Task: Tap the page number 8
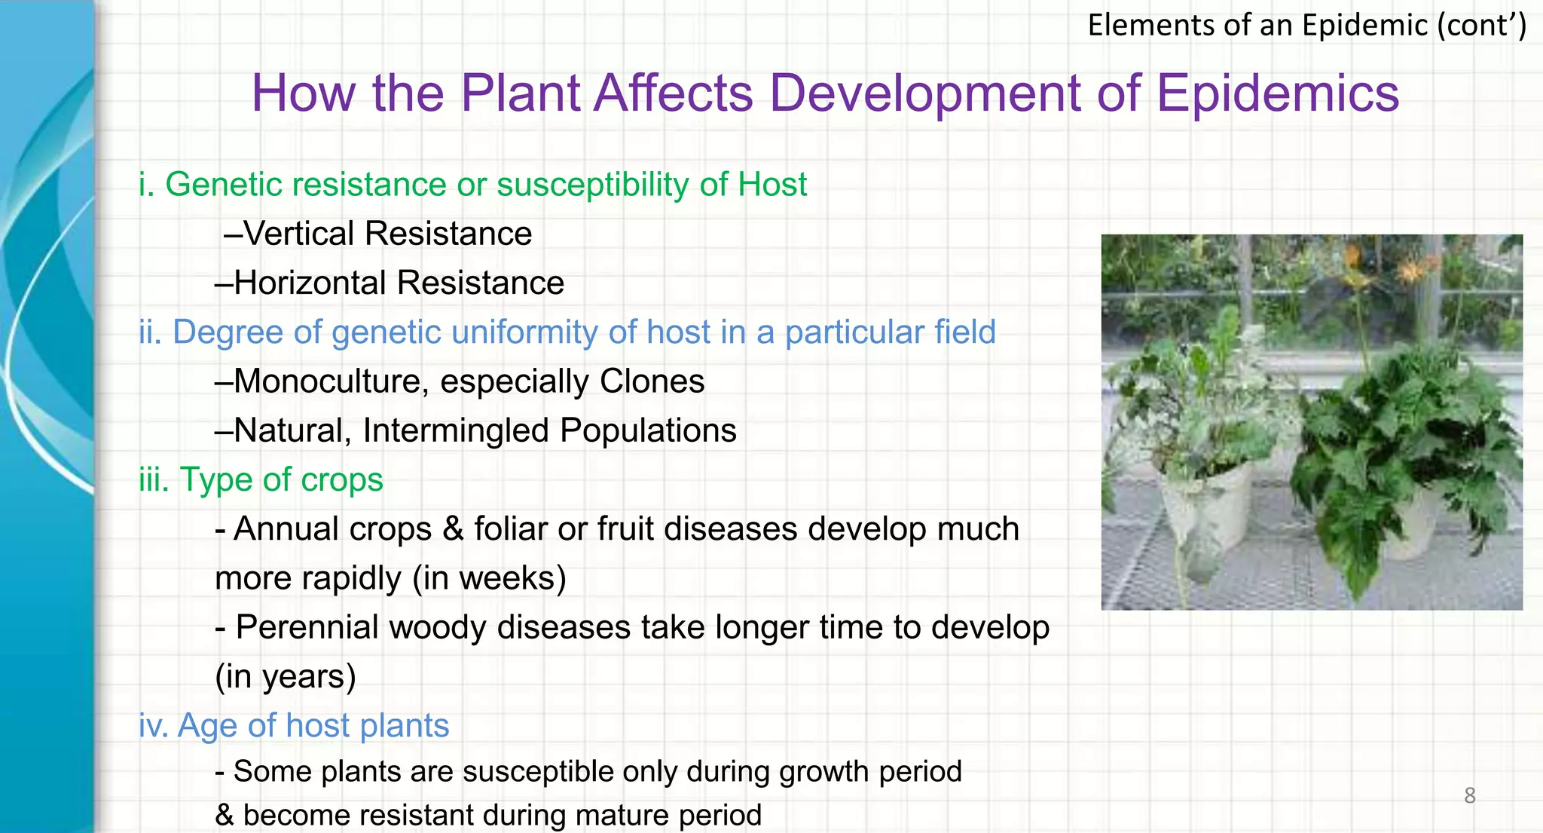coord(1469,795)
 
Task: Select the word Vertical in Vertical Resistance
coord(299,234)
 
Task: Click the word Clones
coord(652,381)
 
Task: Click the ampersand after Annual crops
coord(453,529)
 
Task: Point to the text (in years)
coord(285,676)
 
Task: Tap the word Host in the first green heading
coord(771,185)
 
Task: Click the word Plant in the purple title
coord(520,93)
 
